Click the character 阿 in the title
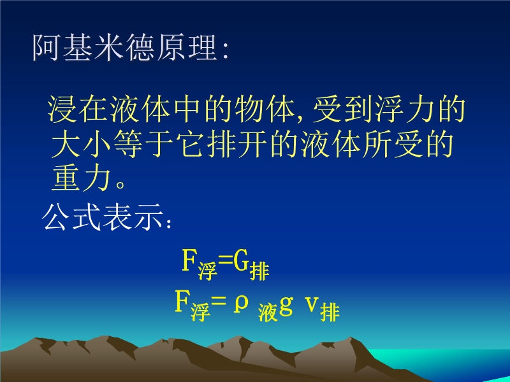(x=46, y=47)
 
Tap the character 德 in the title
(x=140, y=47)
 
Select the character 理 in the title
(x=203, y=47)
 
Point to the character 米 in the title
(x=109, y=47)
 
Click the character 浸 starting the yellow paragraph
(x=62, y=109)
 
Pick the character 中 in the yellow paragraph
(x=187, y=109)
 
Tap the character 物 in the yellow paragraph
(x=250, y=109)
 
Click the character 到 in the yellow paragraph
(x=358, y=109)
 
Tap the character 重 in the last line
(x=66, y=178)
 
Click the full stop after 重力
(x=120, y=185)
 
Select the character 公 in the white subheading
(x=55, y=217)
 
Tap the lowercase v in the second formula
(x=312, y=304)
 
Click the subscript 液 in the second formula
(x=268, y=313)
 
